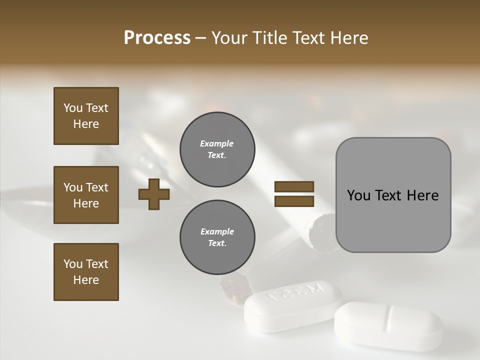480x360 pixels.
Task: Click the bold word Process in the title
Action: [157, 38]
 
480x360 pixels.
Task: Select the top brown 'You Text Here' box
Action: [86, 116]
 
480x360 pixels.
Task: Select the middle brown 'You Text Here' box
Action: [86, 195]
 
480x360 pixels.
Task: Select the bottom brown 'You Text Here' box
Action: [86, 271]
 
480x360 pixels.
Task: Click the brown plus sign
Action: [154, 194]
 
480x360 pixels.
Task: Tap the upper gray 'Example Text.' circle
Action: [217, 149]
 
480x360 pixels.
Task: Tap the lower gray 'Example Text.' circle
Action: [217, 237]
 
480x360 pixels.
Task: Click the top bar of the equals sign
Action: [294, 187]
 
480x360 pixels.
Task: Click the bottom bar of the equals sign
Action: [294, 201]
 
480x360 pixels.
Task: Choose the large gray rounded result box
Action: [393, 195]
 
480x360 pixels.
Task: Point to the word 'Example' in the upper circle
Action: [217, 143]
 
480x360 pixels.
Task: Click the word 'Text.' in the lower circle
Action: [217, 243]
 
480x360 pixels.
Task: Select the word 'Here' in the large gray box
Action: [422, 195]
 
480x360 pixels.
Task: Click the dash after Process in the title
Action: [200, 38]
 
